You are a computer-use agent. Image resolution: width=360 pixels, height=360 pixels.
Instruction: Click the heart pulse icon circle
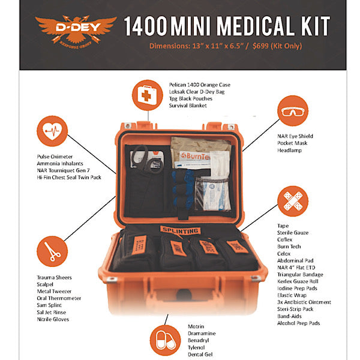tap(52, 131)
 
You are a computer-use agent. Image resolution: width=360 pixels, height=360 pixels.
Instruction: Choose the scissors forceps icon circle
tap(52, 251)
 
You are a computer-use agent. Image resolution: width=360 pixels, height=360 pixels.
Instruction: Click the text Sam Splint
tap(52, 305)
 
